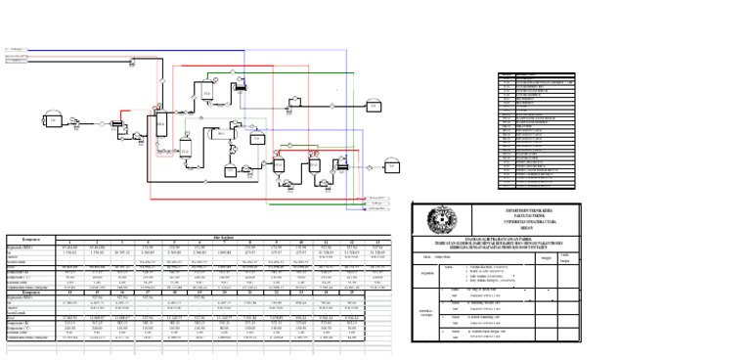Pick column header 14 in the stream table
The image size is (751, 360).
[69, 292]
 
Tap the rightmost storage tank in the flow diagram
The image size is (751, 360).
[392, 167]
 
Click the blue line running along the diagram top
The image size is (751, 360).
[196, 48]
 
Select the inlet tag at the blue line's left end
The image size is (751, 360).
[16, 48]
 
